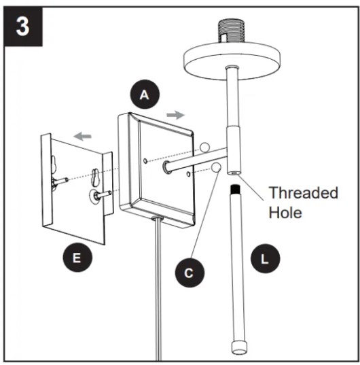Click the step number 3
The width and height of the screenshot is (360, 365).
coord(22,27)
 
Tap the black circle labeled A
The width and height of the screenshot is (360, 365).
coord(145,94)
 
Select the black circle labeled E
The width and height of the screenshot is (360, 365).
coord(77,257)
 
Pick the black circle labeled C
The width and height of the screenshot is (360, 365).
coord(190,273)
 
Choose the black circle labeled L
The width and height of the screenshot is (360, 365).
coord(265,258)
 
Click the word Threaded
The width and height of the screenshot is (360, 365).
coord(303,193)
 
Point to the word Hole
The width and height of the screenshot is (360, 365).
coord(285,213)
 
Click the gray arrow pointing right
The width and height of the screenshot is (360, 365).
coord(175,115)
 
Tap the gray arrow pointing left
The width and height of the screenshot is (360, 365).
coord(82,136)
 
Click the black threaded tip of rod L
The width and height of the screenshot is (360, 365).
coord(235,190)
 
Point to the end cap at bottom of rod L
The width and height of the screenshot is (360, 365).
coord(238,348)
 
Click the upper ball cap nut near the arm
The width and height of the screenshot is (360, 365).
coord(204,147)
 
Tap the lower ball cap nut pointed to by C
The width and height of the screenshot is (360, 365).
coord(216,167)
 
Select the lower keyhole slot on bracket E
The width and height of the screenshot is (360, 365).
coord(96,177)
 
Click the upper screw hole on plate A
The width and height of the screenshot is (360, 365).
coord(145,161)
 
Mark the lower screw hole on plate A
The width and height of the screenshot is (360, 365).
coord(189,174)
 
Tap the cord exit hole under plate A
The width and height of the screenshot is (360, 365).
coord(157,218)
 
